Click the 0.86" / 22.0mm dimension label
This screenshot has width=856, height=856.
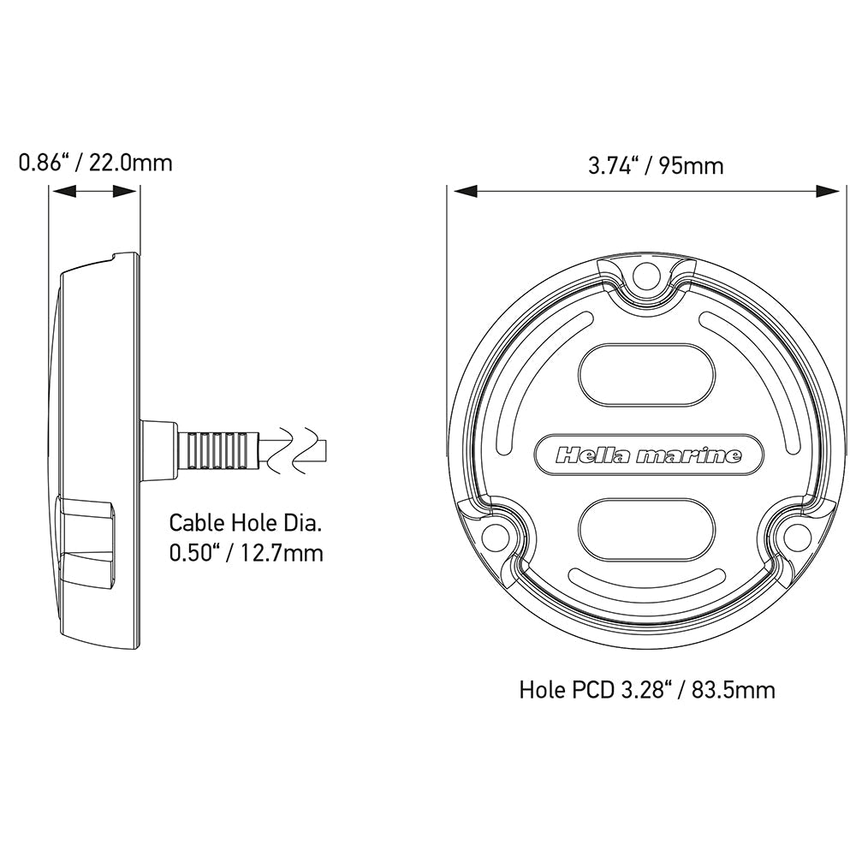click(x=95, y=162)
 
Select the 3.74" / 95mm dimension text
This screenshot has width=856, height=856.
click(x=655, y=165)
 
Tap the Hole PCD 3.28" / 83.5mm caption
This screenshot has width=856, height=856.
click(x=647, y=689)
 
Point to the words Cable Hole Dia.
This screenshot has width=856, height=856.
click(x=238, y=522)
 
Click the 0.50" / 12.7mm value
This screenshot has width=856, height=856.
click(x=247, y=553)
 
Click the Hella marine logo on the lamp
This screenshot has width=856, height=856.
click(x=648, y=455)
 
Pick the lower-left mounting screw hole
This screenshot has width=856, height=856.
click(x=493, y=536)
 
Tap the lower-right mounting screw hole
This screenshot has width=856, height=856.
click(x=800, y=536)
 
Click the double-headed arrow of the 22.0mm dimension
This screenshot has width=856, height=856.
click(x=95, y=193)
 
